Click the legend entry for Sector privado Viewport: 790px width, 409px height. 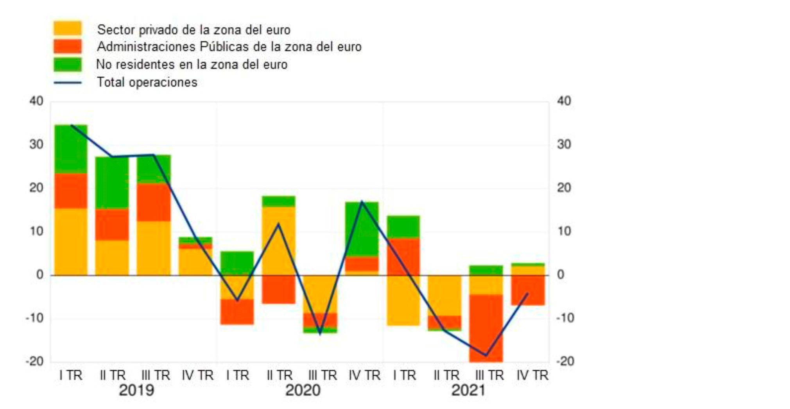pyautogui.click(x=193, y=30)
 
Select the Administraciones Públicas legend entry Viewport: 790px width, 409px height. pyautogui.click(x=229, y=47)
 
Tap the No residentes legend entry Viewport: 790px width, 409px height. pyautogui.click(x=192, y=65)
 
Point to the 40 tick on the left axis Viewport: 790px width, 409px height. pyautogui.click(x=36, y=101)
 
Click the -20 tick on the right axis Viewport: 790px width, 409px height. pyautogui.click(x=564, y=361)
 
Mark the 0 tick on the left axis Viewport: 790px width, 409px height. pyautogui.click(x=39, y=275)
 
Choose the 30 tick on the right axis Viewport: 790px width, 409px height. pyautogui.click(x=564, y=145)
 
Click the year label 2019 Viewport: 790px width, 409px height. pyautogui.click(x=136, y=391)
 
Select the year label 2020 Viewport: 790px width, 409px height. pyautogui.click(x=303, y=391)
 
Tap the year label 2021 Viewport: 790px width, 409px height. pyautogui.click(x=468, y=391)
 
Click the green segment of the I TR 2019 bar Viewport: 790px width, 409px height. pyautogui.click(x=71, y=149)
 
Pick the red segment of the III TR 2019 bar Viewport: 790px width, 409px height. pyautogui.click(x=154, y=202)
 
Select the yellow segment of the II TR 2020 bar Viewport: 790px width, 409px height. pyautogui.click(x=278, y=241)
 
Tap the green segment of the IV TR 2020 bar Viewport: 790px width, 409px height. pyautogui.click(x=362, y=229)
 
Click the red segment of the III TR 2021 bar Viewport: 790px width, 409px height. pyautogui.click(x=486, y=328)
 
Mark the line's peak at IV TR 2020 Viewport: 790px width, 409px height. pyautogui.click(x=362, y=202)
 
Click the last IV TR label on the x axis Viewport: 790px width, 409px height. pyautogui.click(x=532, y=376)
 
